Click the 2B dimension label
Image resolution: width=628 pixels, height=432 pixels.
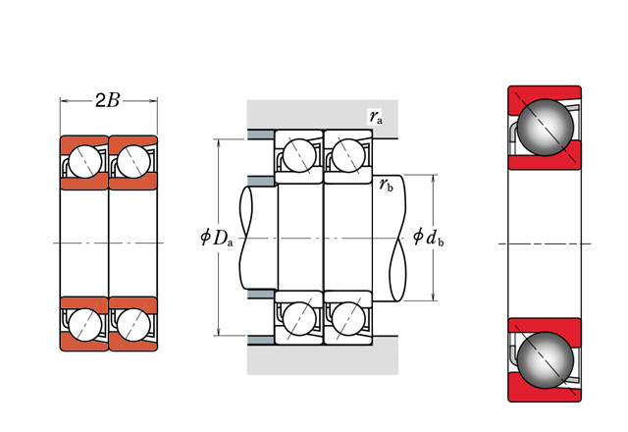(108, 100)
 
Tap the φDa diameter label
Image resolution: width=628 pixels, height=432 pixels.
(215, 237)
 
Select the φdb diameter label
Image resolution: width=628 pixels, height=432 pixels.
(429, 237)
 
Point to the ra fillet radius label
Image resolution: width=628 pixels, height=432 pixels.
(376, 117)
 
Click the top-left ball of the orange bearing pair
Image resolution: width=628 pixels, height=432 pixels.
(84, 161)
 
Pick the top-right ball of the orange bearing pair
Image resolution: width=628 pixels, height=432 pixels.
(131, 161)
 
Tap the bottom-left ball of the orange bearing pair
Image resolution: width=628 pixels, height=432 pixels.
(84, 323)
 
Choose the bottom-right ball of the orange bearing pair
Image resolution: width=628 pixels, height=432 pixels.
(131, 323)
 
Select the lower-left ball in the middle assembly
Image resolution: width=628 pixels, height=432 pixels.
(299, 318)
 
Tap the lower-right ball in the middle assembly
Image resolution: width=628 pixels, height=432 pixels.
(346, 318)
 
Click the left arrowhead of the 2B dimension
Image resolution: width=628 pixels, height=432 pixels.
(63, 100)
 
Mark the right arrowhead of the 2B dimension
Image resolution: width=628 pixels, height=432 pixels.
(154, 100)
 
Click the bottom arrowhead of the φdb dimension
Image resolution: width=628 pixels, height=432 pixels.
(433, 297)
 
